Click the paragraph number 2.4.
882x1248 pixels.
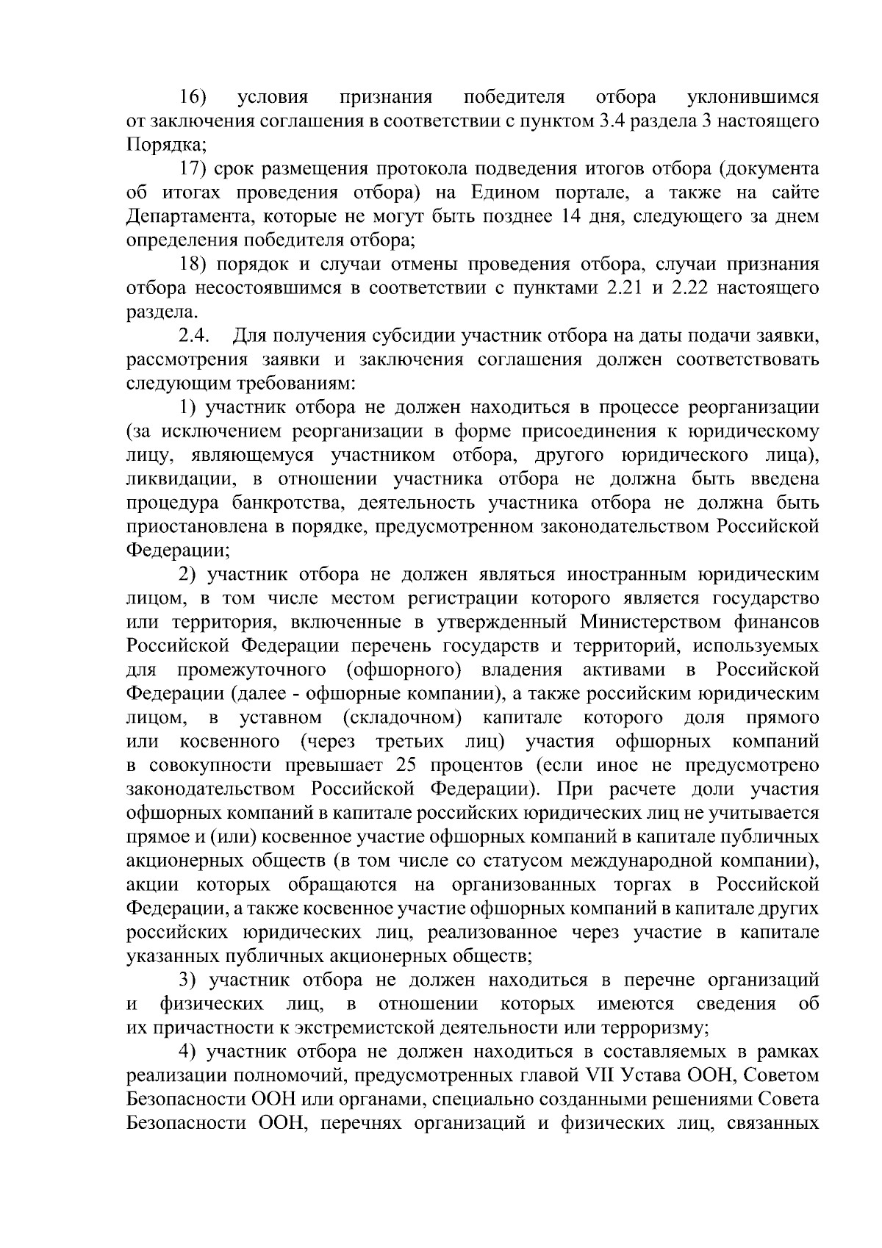pos(195,337)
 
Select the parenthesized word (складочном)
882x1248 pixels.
pos(401,718)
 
